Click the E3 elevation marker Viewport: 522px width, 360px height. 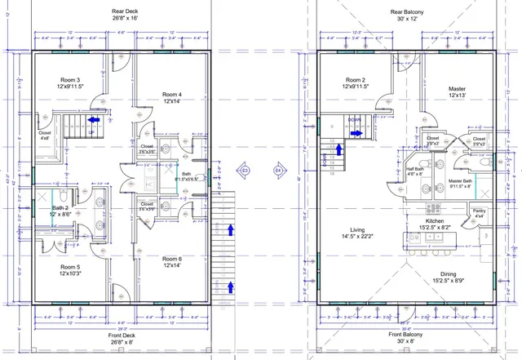(x=244, y=171)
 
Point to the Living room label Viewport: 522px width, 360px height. (x=357, y=233)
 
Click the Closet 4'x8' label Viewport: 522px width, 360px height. (x=45, y=136)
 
